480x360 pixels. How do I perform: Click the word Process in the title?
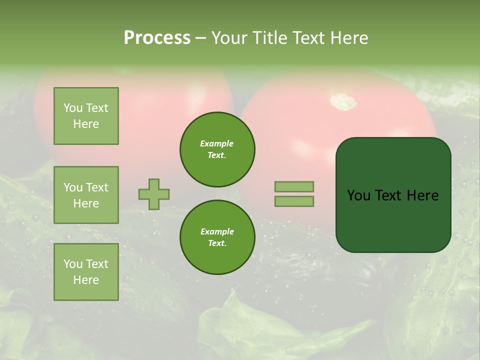click(x=157, y=38)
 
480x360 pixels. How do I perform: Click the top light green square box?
click(x=86, y=116)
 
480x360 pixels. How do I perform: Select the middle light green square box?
click(x=86, y=195)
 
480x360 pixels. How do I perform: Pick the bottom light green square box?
click(x=86, y=272)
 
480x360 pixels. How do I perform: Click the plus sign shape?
click(x=154, y=194)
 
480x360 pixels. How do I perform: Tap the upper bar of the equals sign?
click(x=294, y=186)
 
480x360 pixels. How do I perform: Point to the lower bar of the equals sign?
click(x=294, y=201)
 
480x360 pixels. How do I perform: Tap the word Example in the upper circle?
click(x=216, y=143)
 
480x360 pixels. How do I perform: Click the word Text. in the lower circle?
click(x=217, y=243)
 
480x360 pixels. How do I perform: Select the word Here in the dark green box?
click(x=422, y=195)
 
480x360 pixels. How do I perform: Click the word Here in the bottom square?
click(x=86, y=280)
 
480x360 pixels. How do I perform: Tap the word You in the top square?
click(x=73, y=108)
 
